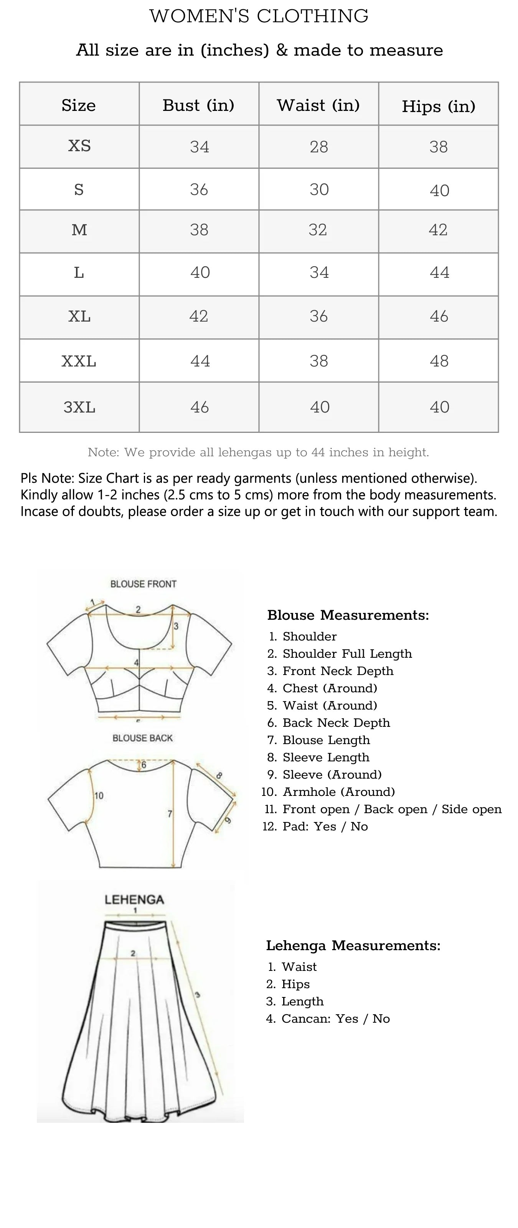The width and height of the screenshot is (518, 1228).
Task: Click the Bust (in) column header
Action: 199,105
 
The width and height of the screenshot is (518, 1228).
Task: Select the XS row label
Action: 79,145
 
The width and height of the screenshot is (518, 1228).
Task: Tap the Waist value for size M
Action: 318,230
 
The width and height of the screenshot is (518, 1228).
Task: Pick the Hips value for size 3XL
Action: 439,407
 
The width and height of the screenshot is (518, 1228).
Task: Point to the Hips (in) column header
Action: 439,106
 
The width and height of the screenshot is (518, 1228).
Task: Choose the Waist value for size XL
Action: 318,316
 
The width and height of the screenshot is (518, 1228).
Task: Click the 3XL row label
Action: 79,407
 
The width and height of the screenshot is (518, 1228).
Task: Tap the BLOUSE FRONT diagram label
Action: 143,584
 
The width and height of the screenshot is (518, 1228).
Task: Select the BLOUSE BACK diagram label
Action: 142,738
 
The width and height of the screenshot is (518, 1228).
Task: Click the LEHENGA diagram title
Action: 134,900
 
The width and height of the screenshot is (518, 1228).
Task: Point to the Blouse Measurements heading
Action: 348,615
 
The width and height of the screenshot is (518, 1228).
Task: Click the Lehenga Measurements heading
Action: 353,945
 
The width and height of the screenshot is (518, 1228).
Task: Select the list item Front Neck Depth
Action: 338,671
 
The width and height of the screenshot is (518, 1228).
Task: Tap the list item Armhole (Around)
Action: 338,792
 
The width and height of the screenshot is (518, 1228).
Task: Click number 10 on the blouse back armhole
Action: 99,796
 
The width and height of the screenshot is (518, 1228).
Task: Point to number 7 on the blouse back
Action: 170,814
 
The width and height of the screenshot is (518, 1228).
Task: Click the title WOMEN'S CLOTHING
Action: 259,16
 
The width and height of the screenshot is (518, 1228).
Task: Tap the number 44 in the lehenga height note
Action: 318,452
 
